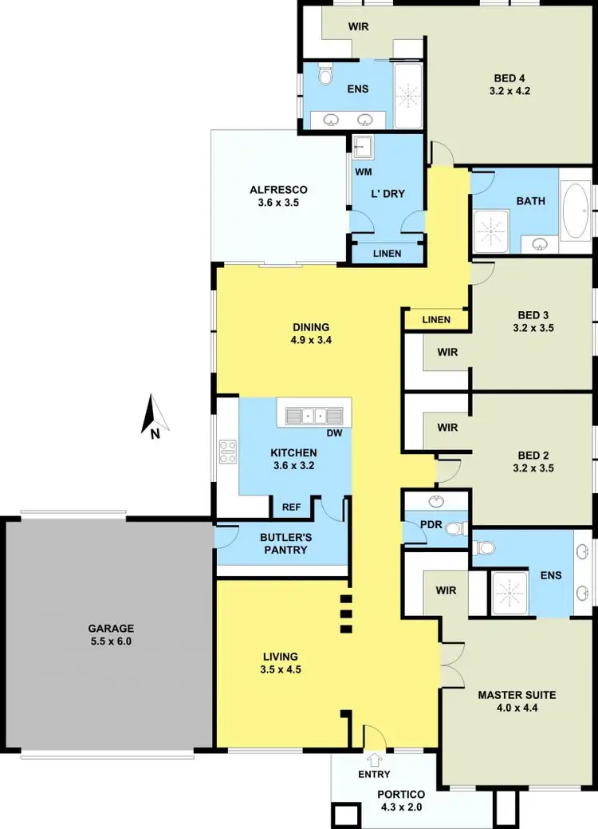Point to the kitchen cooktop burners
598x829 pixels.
(x=227, y=452)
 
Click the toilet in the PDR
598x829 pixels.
(x=454, y=528)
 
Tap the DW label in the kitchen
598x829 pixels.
(x=335, y=434)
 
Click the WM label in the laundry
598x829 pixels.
(x=363, y=172)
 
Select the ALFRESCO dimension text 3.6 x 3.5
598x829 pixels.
(x=277, y=203)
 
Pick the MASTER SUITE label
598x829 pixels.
(x=517, y=695)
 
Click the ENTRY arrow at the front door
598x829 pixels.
(x=374, y=760)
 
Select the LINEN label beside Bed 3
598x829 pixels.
(x=436, y=320)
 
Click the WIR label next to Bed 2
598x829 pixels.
(x=447, y=428)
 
